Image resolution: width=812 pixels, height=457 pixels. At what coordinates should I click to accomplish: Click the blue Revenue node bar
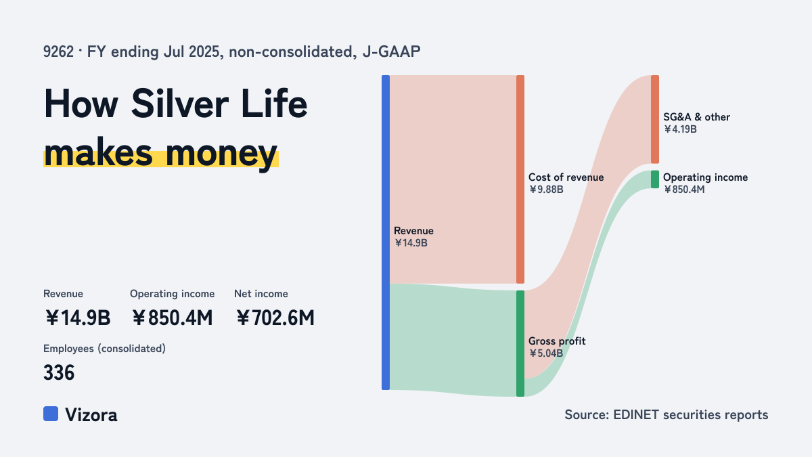click(386, 232)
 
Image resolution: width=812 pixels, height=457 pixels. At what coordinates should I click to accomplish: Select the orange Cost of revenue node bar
click(520, 179)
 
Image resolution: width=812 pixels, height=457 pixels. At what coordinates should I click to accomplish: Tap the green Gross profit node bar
click(520, 343)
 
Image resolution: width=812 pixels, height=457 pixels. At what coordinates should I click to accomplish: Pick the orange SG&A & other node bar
click(655, 119)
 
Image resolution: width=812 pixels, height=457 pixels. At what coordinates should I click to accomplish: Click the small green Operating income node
click(655, 179)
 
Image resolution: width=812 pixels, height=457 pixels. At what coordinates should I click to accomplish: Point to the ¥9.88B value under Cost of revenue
click(546, 190)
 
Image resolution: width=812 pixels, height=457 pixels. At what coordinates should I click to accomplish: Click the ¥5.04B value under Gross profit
click(546, 353)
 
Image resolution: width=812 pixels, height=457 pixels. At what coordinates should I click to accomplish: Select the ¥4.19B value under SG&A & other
click(680, 129)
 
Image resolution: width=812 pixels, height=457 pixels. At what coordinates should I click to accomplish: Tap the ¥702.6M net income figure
click(275, 318)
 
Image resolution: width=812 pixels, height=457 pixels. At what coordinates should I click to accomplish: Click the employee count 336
click(59, 372)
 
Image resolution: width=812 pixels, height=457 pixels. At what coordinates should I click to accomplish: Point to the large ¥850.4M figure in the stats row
click(172, 318)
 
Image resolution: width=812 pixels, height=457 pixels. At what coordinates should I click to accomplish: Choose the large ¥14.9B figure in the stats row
click(78, 318)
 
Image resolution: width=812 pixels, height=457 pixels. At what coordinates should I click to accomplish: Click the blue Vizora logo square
click(51, 414)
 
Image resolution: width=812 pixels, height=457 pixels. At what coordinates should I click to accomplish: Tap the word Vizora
click(91, 414)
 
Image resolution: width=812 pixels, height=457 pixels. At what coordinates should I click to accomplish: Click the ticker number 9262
click(58, 52)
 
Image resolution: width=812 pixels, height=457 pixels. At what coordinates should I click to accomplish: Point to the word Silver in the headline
click(179, 104)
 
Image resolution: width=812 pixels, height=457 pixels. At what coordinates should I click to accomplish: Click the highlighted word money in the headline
click(221, 154)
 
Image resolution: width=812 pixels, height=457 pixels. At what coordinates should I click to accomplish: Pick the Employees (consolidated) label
click(104, 349)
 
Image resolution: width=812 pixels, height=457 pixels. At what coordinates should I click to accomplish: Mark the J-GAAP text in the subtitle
click(391, 52)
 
